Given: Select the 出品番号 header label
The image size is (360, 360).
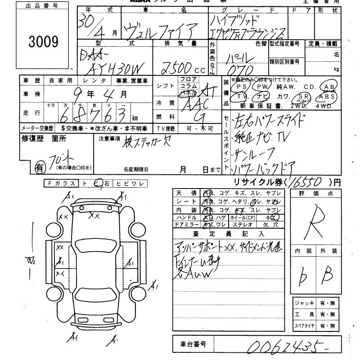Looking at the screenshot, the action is (38, 6).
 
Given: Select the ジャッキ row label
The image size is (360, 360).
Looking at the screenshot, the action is (304, 303).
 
